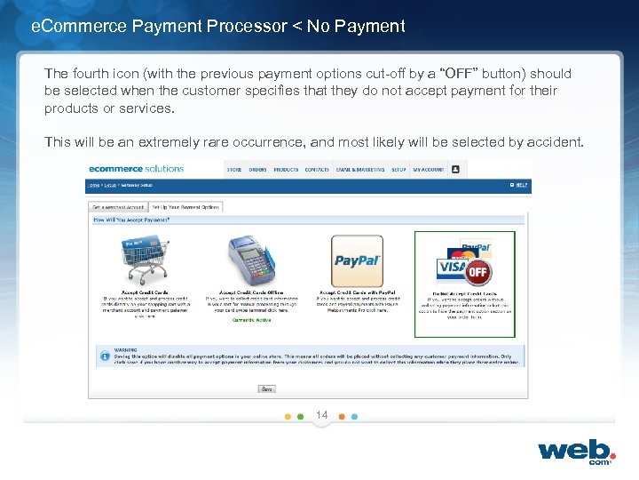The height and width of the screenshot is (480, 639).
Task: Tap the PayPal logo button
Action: [357, 260]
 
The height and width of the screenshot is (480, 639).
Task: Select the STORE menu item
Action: [234, 169]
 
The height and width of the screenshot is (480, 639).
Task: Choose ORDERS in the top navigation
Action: [258, 169]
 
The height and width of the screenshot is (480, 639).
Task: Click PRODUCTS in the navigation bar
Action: [286, 169]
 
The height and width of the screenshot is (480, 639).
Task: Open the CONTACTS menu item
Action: [317, 169]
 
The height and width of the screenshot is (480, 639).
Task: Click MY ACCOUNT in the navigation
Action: [428, 169]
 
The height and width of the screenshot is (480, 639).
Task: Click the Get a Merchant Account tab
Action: [116, 207]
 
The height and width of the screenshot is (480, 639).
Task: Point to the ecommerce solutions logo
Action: [136, 169]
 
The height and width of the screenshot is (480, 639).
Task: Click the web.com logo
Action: [576, 451]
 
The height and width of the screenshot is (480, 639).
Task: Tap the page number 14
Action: [321, 415]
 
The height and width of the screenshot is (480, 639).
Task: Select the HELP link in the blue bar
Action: [521, 186]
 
